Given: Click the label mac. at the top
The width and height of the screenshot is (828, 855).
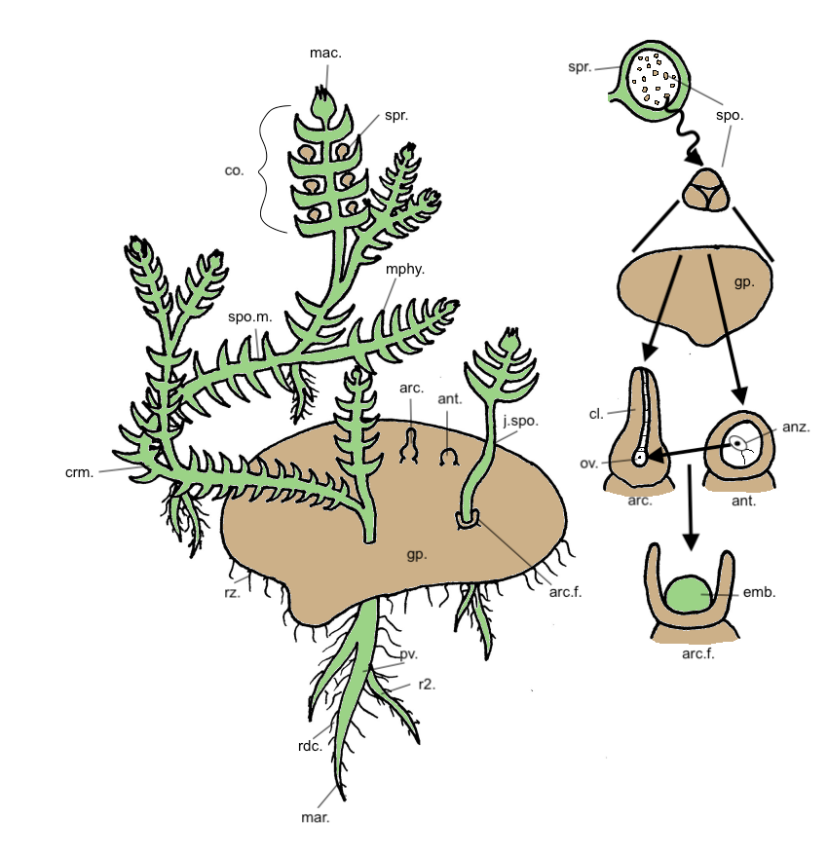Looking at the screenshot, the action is [x=325, y=53].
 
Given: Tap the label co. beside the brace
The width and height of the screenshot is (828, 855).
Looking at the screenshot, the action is [x=234, y=170].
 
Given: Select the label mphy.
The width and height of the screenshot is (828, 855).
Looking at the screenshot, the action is [x=404, y=270].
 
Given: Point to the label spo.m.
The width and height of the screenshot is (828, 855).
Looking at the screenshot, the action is [x=249, y=316].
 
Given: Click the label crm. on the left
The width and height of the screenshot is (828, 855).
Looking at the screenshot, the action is [x=80, y=472].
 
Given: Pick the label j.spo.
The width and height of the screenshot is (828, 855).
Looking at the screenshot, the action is [x=520, y=421].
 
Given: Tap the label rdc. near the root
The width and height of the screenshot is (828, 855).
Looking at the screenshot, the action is [x=311, y=746].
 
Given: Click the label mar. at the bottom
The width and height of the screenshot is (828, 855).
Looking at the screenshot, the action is [x=316, y=817].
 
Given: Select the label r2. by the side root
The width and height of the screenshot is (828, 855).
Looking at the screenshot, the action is [x=427, y=685].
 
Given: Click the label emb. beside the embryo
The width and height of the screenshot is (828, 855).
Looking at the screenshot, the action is [x=759, y=592].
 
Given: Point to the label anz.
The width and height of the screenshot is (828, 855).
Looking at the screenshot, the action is [x=796, y=427].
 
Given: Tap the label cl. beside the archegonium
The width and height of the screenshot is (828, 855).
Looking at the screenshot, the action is [x=596, y=414].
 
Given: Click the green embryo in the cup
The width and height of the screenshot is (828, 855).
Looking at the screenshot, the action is [x=690, y=594].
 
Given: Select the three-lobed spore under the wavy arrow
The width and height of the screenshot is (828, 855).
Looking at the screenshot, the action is [x=706, y=190].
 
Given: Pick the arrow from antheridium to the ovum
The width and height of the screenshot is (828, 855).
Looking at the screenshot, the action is [x=689, y=452].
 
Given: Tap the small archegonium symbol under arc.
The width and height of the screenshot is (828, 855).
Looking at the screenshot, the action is [x=410, y=445].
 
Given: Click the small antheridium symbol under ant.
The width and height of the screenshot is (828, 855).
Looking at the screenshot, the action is [x=449, y=458].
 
